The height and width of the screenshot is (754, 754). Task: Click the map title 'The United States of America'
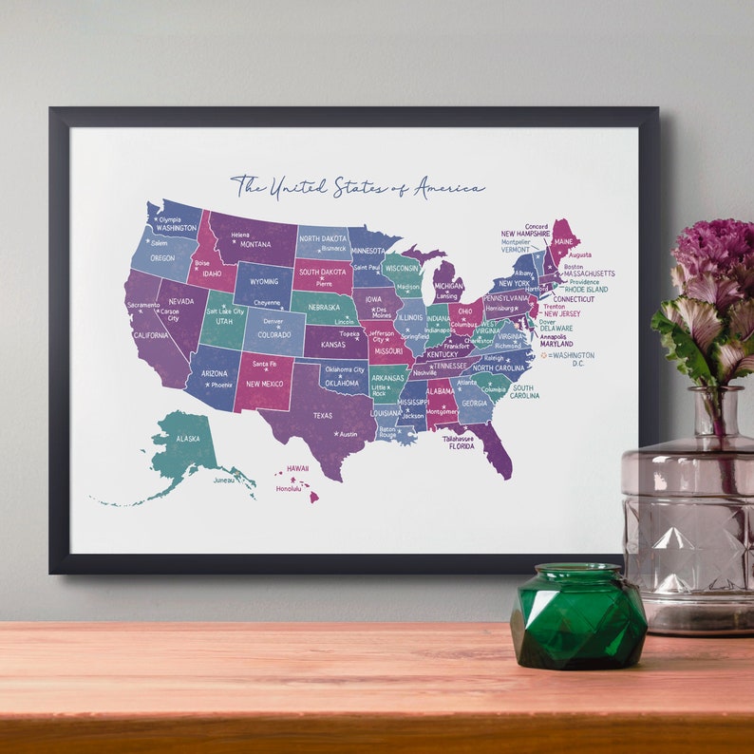[358, 186]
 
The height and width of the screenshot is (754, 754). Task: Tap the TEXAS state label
[323, 415]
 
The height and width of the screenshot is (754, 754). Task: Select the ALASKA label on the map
[188, 439]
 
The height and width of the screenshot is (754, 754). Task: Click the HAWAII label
[298, 468]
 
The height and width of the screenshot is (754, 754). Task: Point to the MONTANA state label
[255, 244]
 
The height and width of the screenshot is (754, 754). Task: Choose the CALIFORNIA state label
[150, 335]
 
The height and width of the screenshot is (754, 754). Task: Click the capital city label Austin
[349, 434]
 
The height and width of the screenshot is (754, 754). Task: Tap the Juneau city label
[223, 480]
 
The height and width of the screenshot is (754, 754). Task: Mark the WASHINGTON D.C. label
[574, 358]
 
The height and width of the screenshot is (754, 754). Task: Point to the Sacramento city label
[143, 305]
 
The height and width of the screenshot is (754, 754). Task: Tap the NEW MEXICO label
[266, 384]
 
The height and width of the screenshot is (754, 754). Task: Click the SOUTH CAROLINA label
[524, 391]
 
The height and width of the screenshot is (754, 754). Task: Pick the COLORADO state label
[274, 334]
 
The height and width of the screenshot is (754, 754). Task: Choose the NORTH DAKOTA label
[322, 240]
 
